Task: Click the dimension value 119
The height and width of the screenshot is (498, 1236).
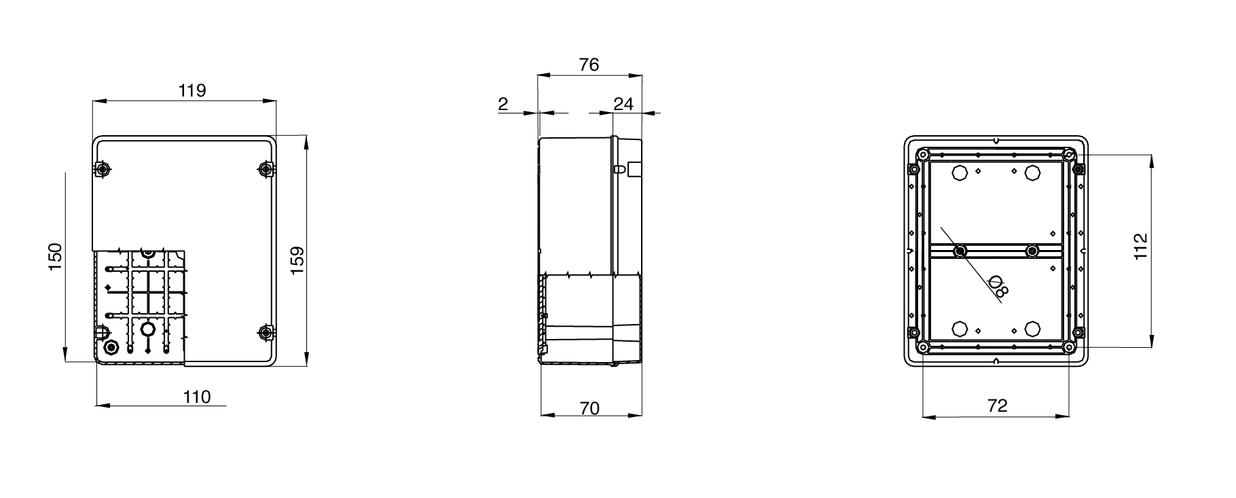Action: [192, 90]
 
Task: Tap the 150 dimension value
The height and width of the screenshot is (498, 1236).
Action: [55, 257]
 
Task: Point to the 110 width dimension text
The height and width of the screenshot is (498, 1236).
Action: [197, 397]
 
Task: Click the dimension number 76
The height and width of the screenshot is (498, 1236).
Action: [589, 65]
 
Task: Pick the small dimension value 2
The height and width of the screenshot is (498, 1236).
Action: [503, 104]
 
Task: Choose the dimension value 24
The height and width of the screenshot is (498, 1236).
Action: [623, 104]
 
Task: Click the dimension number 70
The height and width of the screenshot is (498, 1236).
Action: [589, 408]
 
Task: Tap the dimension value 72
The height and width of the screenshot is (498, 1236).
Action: [997, 406]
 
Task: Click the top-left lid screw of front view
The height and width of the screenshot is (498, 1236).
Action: [103, 168]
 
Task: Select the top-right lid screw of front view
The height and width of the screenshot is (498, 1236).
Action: [266, 168]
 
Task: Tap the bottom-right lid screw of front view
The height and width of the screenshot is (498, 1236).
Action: [266, 332]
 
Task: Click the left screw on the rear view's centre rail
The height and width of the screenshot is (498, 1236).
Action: [959, 252]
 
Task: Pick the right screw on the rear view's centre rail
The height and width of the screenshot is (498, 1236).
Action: [1032, 252]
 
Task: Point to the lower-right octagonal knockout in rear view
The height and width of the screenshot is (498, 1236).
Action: [1032, 330]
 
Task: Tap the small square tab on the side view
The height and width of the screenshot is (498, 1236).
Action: [634, 169]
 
